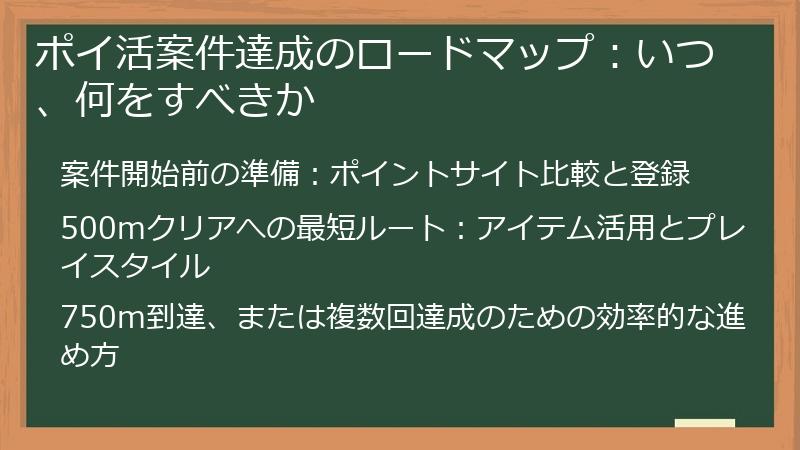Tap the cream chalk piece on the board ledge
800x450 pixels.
705,423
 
